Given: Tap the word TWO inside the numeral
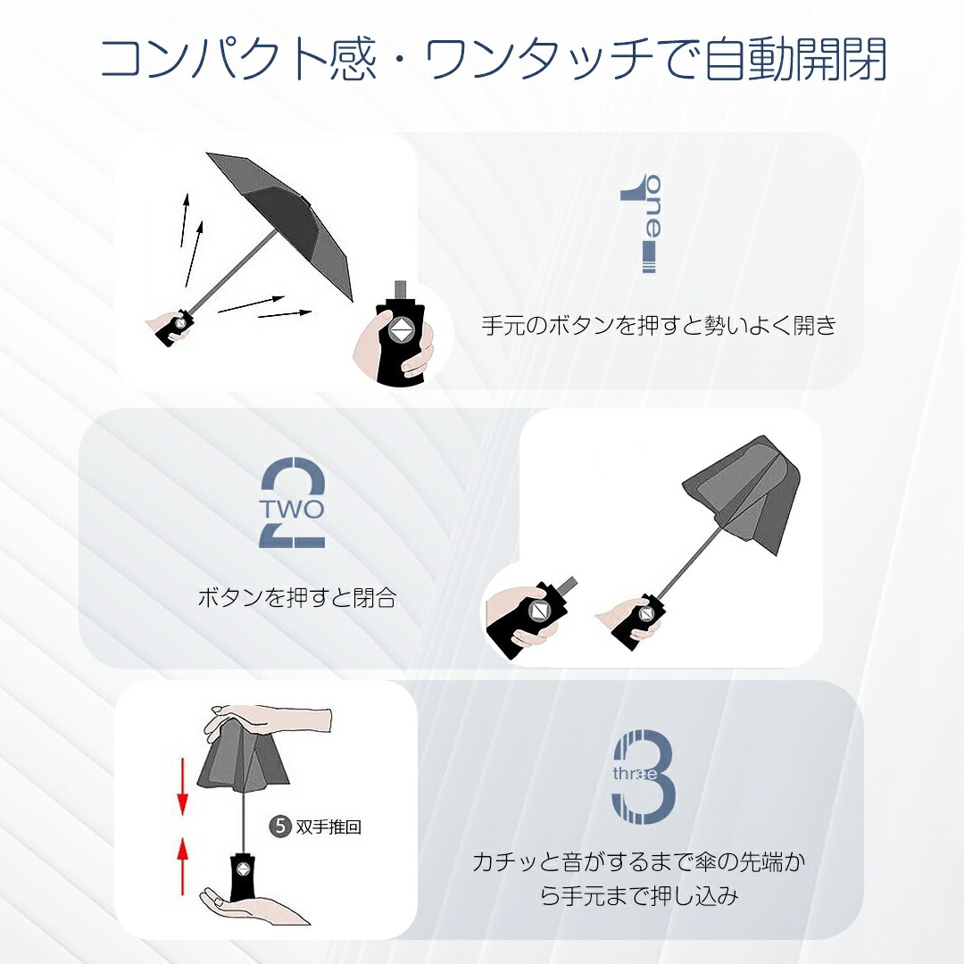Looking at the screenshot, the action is pos(291,509).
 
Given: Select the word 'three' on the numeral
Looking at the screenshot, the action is pos(636,773).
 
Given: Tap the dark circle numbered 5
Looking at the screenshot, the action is pos(280,826).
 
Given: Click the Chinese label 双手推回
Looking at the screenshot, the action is pos(328,827).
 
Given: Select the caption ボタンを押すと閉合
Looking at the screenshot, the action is pos(297,597).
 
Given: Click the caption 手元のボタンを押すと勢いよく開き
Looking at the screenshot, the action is pos(659,325).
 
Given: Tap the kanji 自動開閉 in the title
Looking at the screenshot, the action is pos(795,59).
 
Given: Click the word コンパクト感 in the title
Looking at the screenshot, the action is pos(238,59).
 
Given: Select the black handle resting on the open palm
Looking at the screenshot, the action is pos(242,873).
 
